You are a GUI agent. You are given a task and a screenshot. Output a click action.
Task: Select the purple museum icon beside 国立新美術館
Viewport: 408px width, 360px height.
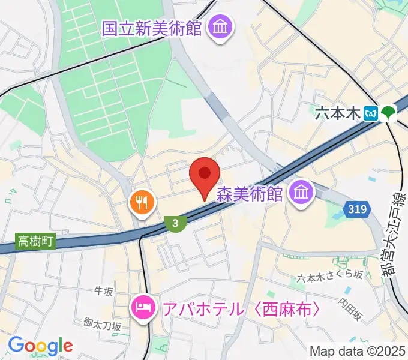[220, 27]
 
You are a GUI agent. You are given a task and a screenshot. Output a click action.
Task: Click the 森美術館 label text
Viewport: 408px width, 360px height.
[250, 193]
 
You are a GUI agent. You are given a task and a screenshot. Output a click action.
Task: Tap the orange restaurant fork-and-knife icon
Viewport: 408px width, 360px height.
[142, 202]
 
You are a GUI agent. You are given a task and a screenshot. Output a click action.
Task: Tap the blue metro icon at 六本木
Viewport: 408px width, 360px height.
[372, 113]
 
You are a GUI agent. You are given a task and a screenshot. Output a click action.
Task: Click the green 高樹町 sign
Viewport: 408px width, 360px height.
[35, 242]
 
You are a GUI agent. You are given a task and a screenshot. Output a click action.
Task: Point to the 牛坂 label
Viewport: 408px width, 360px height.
[104, 291]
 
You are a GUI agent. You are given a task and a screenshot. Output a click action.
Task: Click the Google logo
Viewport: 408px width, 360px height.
[40, 345]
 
